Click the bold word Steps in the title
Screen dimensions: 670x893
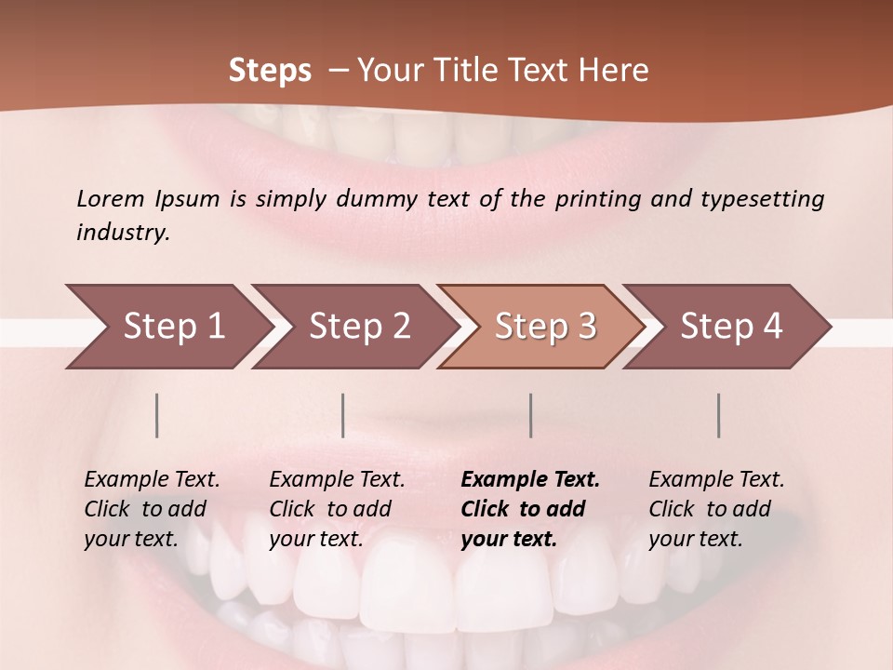point(270,71)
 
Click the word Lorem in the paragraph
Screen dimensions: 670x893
point(111,198)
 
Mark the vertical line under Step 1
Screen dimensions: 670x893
point(157,415)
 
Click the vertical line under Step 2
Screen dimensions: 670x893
point(343,415)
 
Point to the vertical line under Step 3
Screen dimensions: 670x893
point(531,415)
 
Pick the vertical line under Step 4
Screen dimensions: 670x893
point(719,415)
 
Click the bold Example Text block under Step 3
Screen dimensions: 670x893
point(530,509)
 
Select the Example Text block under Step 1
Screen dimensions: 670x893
point(152,509)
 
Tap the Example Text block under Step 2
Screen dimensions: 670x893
point(337,509)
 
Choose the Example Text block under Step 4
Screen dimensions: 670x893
point(716,509)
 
